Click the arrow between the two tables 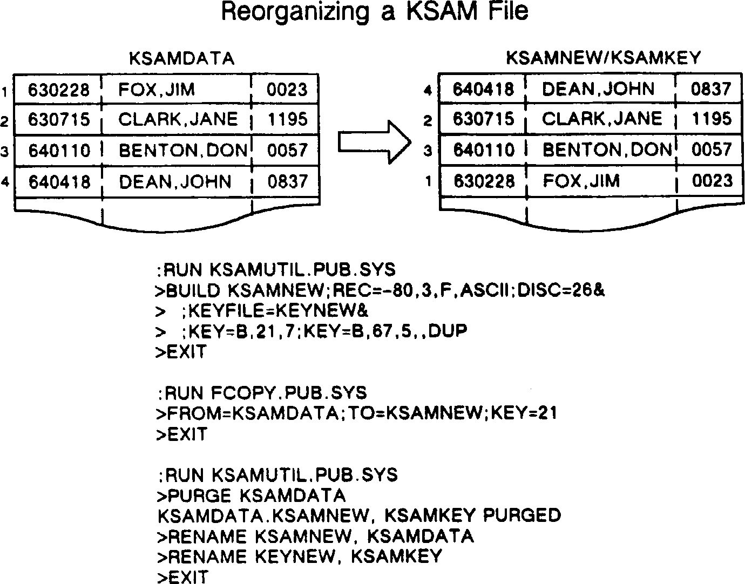375,141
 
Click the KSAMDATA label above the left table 182,58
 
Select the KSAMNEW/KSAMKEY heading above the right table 603,58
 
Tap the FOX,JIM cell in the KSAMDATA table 157,89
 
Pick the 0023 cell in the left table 287,89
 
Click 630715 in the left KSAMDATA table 59,119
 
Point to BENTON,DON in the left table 183,151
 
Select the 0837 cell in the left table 287,182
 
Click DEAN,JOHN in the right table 598,89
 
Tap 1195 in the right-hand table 711,119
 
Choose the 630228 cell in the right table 483,181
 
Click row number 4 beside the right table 428,91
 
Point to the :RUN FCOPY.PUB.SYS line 262,392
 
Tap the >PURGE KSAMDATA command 250,495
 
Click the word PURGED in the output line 521,515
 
